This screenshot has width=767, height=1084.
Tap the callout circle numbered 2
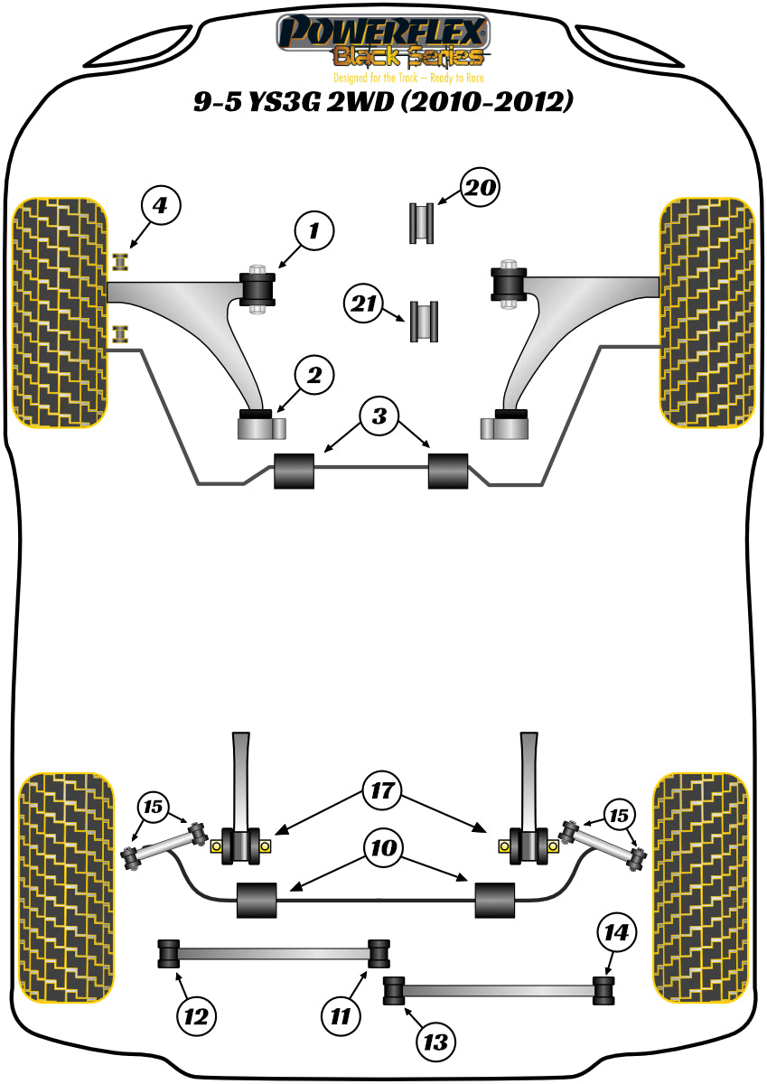point(314,376)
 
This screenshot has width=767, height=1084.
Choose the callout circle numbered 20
point(480,189)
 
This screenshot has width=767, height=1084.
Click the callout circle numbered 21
point(363,305)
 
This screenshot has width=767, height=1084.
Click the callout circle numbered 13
point(436,1042)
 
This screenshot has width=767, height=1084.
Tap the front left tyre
point(60,312)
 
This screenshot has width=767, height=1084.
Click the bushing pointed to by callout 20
point(420,223)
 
